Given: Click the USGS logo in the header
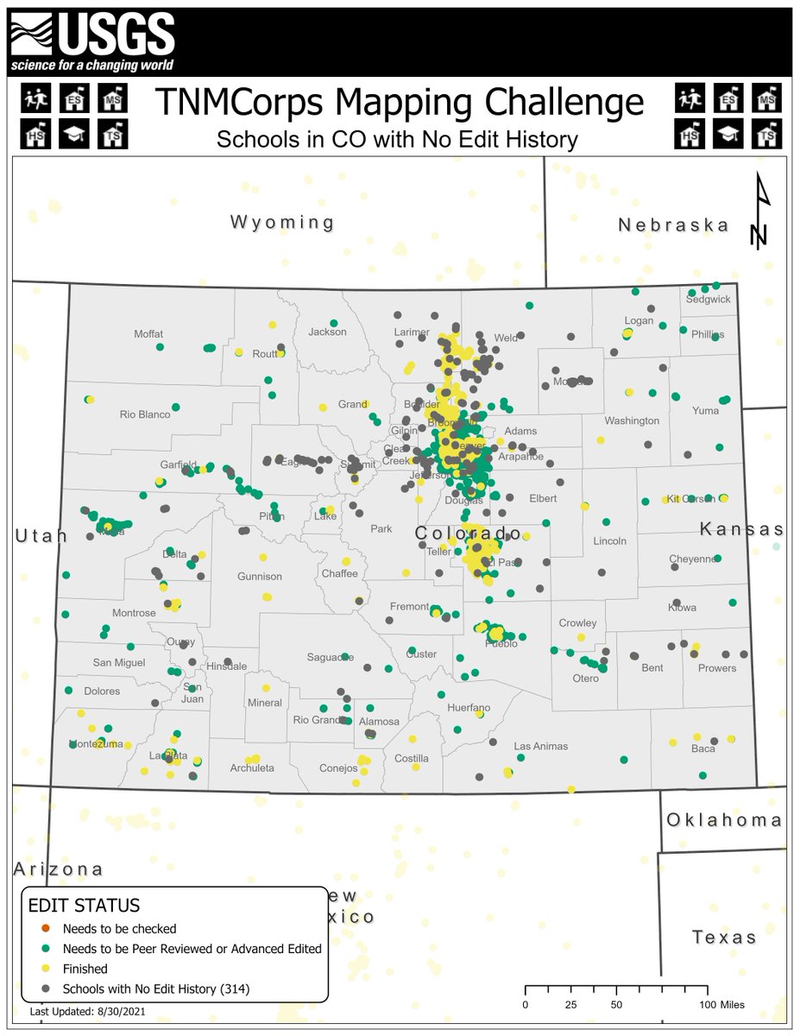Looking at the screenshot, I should [x=92, y=42].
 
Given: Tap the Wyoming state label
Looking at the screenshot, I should [x=282, y=223].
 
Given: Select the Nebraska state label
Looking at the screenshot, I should [x=674, y=225].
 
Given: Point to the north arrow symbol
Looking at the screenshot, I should [x=760, y=212].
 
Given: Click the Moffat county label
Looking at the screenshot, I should [x=148, y=334].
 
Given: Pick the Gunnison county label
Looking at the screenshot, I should [x=260, y=576].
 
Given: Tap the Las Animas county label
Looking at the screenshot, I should [x=540, y=746].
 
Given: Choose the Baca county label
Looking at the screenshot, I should [x=703, y=749].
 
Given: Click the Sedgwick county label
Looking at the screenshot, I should [x=708, y=300].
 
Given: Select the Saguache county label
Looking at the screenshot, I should [x=331, y=658].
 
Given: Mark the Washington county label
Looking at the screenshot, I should [x=632, y=420].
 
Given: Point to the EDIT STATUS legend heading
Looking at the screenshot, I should [x=85, y=906].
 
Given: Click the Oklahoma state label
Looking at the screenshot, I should [x=725, y=820].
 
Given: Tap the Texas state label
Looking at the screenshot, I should [x=724, y=938].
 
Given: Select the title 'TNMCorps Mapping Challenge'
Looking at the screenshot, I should [x=400, y=102].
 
